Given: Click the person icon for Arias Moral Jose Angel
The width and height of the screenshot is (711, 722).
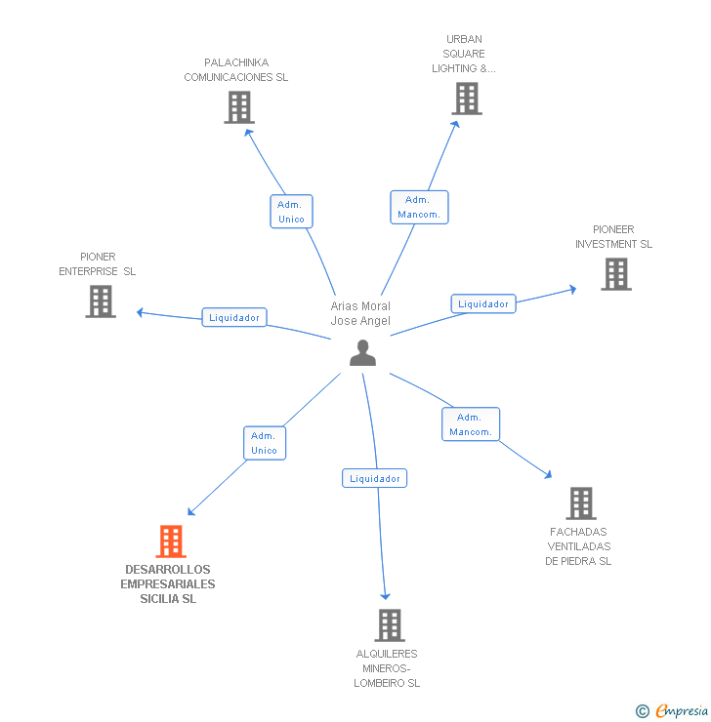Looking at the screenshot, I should [362, 353].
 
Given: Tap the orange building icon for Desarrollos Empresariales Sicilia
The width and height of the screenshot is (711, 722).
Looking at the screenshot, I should [171, 541].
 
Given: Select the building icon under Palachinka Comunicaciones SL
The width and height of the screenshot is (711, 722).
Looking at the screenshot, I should [239, 107].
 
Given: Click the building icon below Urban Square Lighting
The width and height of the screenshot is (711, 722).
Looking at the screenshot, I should [467, 99].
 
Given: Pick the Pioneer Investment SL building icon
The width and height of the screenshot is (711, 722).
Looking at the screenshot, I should [616, 274].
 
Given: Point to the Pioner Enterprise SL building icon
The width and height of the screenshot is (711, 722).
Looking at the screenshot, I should [101, 301].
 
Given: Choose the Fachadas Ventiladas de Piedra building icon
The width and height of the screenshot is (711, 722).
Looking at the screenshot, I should [581, 503].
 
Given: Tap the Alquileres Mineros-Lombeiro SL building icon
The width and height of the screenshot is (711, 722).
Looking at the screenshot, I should [389, 624].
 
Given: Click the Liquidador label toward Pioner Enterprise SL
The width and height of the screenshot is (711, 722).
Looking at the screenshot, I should [234, 317].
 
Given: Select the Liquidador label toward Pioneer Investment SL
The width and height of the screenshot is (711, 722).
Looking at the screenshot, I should [483, 303].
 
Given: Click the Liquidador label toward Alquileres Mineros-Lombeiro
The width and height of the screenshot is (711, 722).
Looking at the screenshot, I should [375, 478].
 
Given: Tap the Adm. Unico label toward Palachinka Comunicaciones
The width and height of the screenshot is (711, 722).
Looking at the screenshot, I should [291, 212].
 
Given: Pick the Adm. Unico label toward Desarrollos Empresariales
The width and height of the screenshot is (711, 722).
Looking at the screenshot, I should [264, 443].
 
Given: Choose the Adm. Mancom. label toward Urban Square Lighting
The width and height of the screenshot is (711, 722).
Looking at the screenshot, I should [419, 207].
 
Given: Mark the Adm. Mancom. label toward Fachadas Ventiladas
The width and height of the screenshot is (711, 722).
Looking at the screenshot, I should [471, 424].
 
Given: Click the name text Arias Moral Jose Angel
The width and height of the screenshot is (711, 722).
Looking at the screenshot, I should [360, 313].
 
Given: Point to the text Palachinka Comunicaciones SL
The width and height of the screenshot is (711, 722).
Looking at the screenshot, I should [236, 70].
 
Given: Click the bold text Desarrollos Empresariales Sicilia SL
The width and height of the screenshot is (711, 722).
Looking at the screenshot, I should [168, 583].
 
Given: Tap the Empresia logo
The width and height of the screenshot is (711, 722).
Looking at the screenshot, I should [682, 711].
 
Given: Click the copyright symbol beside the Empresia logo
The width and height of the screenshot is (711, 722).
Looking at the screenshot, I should [643, 711].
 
